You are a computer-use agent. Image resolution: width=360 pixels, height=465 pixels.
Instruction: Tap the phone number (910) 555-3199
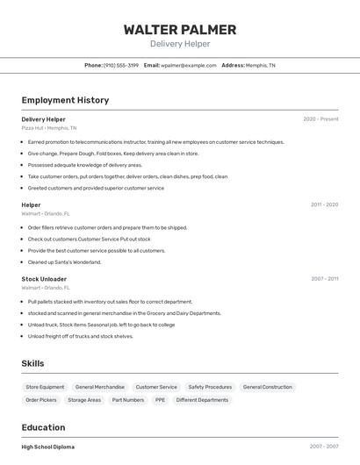pos(121,66)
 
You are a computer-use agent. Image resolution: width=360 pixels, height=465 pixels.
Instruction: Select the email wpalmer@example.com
pos(187,66)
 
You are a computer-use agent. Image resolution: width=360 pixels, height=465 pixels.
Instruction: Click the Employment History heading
pos(65,100)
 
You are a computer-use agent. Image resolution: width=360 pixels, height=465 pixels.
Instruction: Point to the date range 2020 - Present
pos(320,119)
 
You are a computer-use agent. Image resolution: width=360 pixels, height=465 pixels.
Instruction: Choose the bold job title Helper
pos(31,204)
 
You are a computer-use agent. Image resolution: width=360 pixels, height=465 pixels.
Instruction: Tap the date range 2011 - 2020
pos(324,204)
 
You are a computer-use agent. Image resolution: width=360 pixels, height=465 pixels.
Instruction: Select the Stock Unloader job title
pos(44,279)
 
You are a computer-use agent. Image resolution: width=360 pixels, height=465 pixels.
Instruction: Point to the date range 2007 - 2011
pos(324,279)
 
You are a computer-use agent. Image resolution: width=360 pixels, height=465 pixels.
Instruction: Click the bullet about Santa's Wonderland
pos(64,261)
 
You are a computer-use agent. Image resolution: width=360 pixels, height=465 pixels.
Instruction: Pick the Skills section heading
pos(32,363)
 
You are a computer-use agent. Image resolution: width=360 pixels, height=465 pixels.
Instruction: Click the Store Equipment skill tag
pos(45,387)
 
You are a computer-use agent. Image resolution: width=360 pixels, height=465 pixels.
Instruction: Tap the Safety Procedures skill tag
pos(210,387)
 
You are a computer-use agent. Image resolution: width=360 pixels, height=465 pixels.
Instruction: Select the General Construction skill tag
pos(267,387)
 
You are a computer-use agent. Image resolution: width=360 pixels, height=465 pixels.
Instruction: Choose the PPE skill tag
pos(160,400)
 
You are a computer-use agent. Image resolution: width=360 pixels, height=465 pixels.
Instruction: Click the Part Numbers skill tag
pos(128,400)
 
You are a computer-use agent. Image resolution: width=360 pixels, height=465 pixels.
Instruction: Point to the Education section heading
pos(43,427)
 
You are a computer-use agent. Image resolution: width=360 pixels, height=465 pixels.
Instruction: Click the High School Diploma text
pos(47,447)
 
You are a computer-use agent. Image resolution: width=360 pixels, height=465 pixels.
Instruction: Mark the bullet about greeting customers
pos(96,188)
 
